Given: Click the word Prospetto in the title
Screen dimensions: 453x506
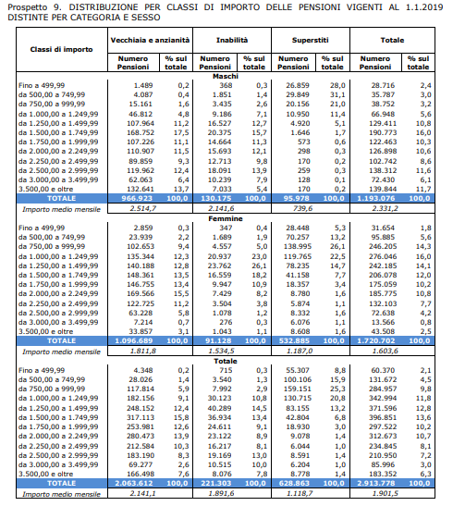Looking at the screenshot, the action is (28, 7).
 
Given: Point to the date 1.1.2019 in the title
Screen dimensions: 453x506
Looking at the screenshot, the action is (424, 6).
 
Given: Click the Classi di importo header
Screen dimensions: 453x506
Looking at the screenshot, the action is (61, 49).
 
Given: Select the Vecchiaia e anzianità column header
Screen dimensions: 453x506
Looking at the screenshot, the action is (150, 40).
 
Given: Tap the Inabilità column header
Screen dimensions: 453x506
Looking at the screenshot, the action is (232, 40).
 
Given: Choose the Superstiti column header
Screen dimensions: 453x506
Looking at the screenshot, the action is (311, 40).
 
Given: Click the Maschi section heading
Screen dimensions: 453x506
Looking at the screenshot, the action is (226, 76).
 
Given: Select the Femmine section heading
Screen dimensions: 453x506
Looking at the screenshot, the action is (226, 218).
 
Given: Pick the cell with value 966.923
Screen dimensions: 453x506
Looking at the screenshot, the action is (137, 198).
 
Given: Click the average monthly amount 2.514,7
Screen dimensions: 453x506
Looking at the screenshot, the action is (142, 208).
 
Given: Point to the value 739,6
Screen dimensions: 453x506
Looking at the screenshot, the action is (302, 208).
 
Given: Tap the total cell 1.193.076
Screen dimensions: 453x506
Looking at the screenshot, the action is (376, 198).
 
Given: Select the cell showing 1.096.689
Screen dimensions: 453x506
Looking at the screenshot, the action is (134, 340).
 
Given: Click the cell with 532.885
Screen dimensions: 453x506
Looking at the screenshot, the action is (297, 340).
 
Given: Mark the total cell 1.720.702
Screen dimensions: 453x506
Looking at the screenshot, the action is (376, 340).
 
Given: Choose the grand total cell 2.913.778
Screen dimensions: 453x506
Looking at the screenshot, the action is (376, 483).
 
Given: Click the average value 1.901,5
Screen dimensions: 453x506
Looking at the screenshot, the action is (385, 493).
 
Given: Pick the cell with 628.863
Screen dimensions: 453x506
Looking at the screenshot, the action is (297, 483).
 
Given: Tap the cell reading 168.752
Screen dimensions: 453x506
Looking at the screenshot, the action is (141, 132).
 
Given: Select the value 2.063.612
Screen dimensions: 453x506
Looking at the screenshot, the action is (134, 483).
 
